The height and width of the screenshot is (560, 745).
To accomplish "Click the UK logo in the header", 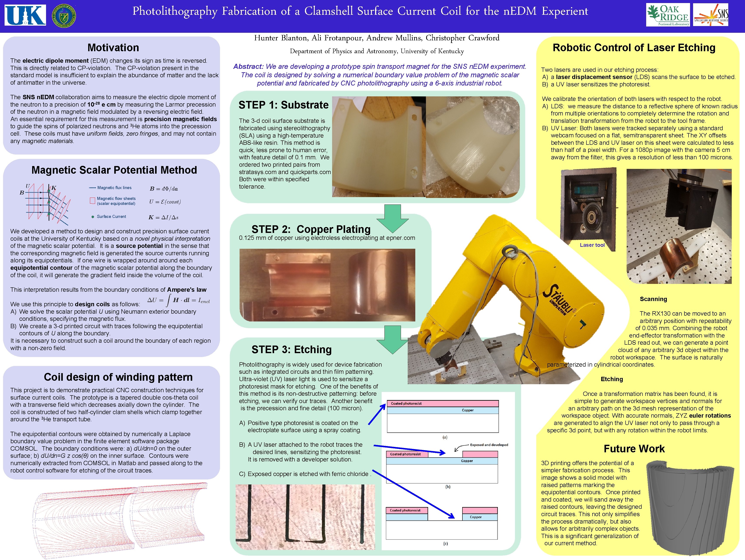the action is click(25, 15).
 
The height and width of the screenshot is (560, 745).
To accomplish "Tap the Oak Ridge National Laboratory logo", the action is click(667, 15).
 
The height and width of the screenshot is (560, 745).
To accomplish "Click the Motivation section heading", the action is click(113, 48).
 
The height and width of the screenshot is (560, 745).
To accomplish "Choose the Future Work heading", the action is click(634, 449).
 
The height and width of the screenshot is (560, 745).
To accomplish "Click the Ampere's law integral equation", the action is click(179, 300).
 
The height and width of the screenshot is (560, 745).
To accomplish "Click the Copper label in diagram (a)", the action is click(467, 410).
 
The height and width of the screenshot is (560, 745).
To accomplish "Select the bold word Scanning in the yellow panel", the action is click(653, 299).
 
